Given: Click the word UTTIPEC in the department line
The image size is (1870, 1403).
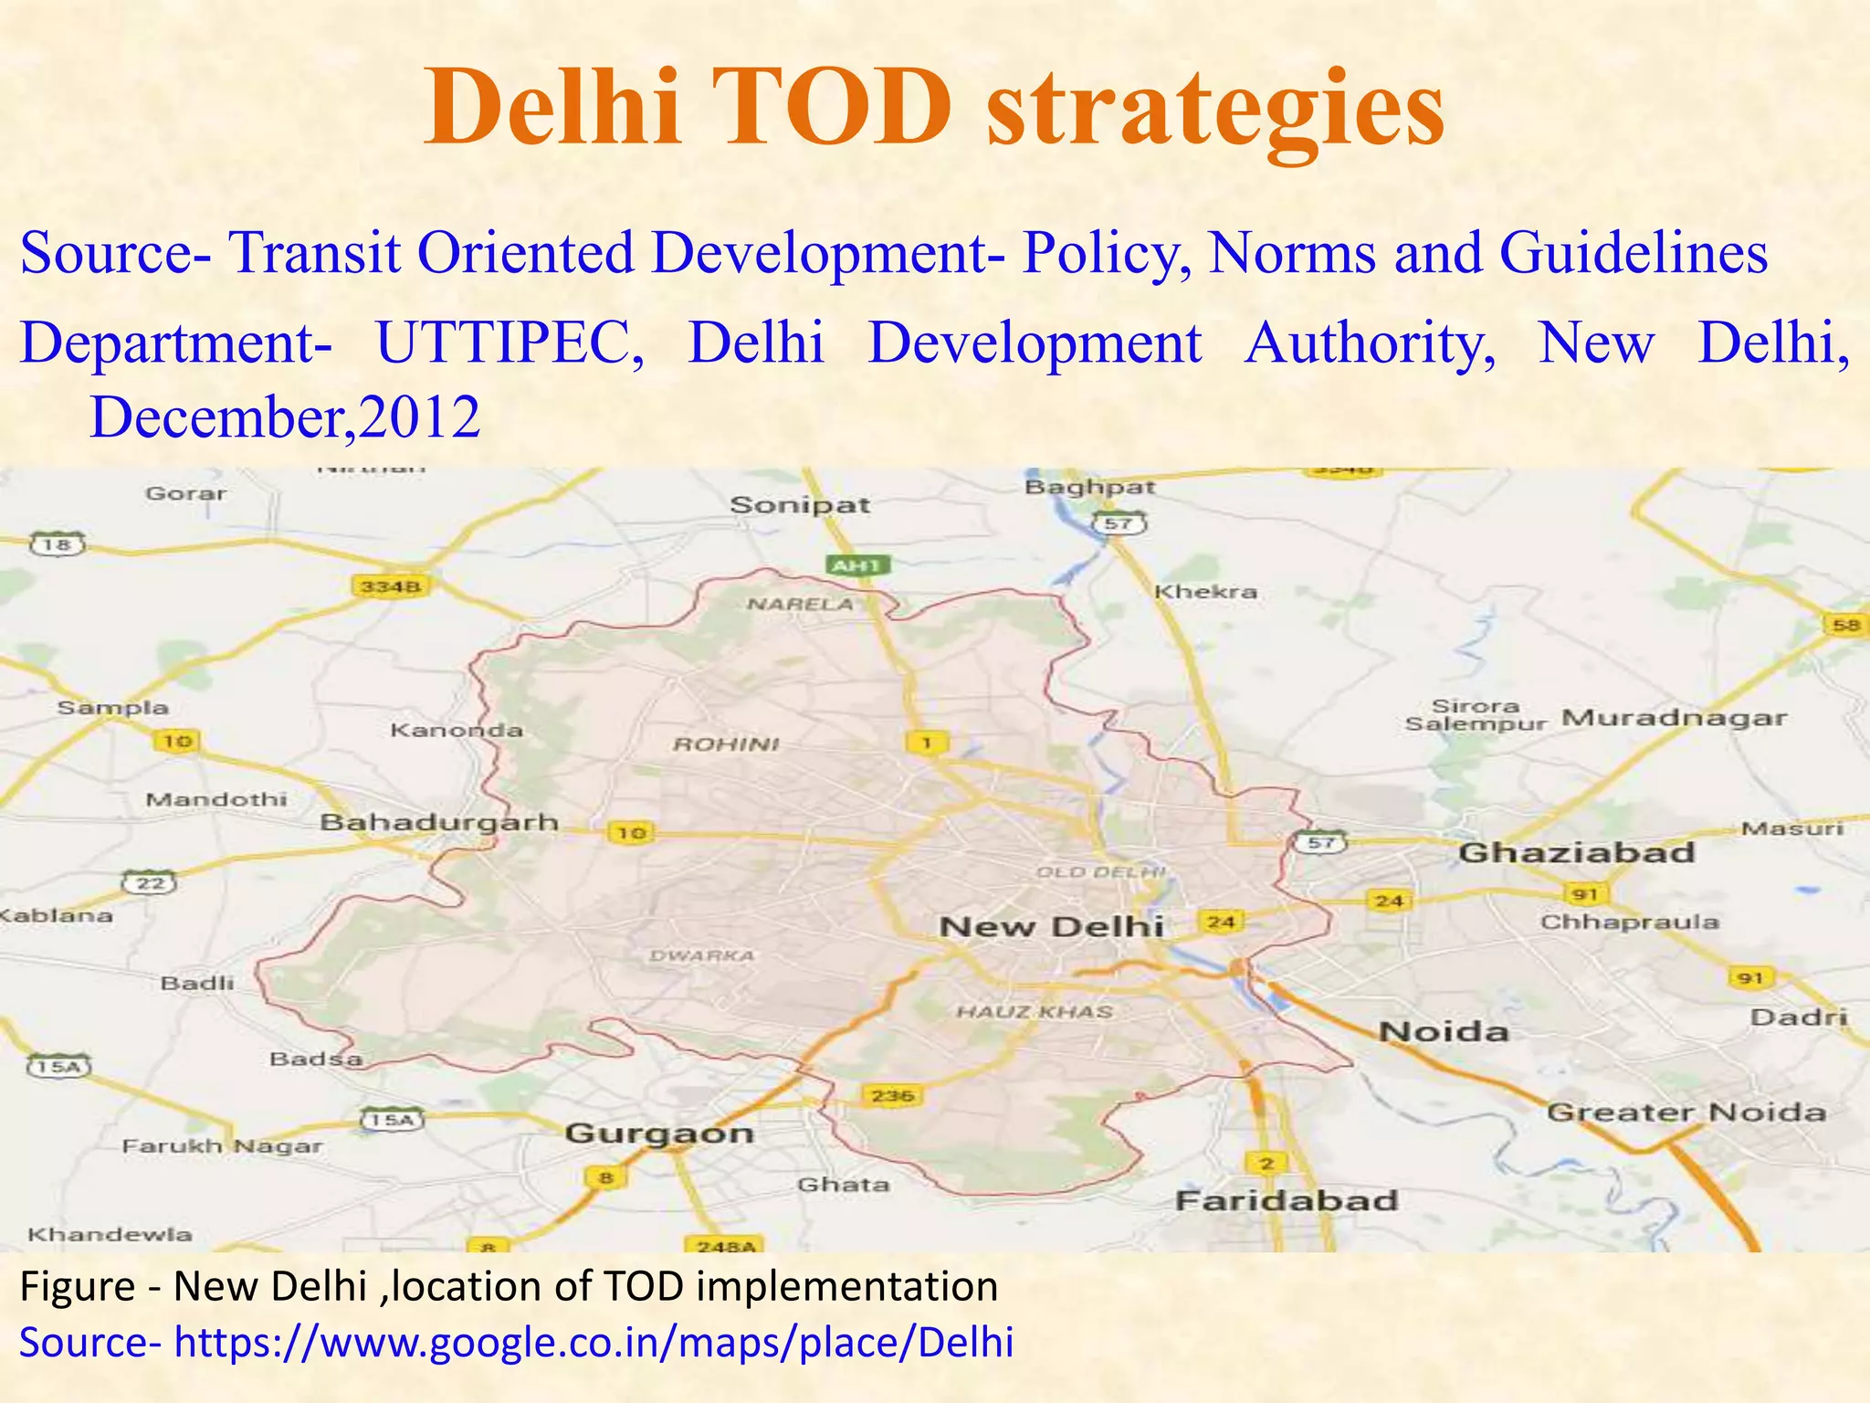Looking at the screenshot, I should point(510,343).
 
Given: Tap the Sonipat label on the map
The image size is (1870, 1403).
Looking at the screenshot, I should point(800,504).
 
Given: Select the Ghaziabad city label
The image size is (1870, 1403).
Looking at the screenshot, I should point(1577,853).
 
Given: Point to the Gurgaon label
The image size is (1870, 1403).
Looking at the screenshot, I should point(659,1134).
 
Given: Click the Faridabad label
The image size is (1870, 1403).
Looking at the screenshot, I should point(1287,1200).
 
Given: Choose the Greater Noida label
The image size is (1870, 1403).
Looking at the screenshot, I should point(1686,1113).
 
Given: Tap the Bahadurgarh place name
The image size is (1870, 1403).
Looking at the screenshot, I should point(439,822).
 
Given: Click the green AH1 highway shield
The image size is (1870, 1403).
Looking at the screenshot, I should point(856,566).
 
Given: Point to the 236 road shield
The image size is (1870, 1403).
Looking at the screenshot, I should point(893,1095).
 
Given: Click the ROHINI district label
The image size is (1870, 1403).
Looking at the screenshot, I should point(726,744).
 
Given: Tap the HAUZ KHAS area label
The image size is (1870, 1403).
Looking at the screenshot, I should point(1035,1012).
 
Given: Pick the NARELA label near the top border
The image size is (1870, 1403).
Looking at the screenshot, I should point(801,604).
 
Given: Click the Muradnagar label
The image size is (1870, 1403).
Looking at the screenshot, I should point(1674,718).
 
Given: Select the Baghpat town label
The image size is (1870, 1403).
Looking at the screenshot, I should point(1089,487).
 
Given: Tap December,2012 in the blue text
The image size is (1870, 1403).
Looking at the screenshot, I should point(285,417).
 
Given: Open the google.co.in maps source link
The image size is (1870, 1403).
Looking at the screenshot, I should point(594,1343).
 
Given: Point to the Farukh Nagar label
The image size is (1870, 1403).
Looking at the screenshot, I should point(223,1145).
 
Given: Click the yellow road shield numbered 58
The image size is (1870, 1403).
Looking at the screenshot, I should point(1844,626).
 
